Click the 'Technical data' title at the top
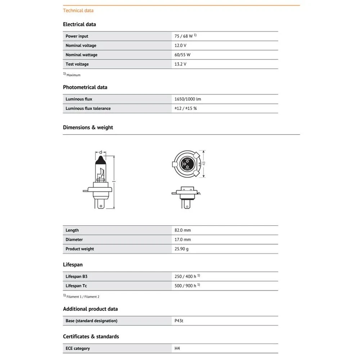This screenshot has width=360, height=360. click(78, 10)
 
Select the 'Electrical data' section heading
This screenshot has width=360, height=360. click(79, 24)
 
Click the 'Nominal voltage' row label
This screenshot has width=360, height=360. click(81, 46)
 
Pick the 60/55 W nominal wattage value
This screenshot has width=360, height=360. click(183, 55)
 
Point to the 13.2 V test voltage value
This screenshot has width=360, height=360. click(180, 64)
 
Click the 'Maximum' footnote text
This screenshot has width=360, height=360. click(73, 75)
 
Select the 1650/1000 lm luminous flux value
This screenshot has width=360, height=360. click(188, 99)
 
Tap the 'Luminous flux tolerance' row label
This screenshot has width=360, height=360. click(88, 108)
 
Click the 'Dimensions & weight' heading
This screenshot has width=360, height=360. click(88, 127)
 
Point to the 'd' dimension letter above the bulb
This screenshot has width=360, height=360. click(101, 152)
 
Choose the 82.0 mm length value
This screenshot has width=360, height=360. click(183, 230)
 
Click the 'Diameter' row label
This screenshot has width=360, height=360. click(74, 240)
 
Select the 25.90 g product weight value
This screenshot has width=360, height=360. click(181, 249)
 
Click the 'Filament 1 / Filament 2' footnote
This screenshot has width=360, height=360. click(83, 297)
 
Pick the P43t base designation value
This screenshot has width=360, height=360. click(179, 321)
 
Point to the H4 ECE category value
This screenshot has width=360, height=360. click(177, 348)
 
